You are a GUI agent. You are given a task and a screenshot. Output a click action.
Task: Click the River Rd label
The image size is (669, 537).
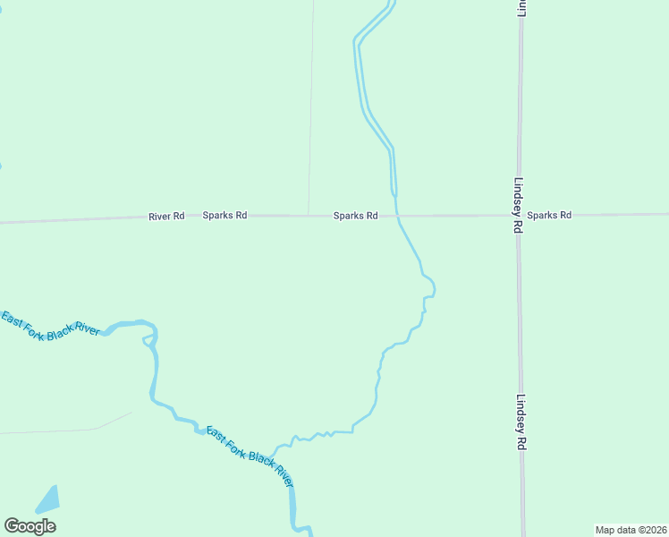[166, 216]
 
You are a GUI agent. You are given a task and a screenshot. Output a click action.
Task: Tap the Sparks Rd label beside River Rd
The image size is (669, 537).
[224, 216]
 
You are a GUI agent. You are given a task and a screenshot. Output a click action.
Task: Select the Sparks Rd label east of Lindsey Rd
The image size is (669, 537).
[548, 215]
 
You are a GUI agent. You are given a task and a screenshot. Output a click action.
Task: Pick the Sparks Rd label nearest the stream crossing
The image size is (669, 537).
[356, 216]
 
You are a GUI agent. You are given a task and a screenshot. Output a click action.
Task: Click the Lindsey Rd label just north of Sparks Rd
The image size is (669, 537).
[517, 204]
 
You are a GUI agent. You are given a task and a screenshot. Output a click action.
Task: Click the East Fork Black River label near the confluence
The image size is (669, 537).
[250, 456]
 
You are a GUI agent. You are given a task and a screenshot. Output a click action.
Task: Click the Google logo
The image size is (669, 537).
[30, 526]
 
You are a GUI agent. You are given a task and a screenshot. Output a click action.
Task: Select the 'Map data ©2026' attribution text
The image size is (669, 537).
[630, 530]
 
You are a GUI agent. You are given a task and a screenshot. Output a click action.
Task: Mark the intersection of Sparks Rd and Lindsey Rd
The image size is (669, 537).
[519, 215]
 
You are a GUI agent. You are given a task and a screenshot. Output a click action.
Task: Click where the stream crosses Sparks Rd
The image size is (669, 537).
[397, 215]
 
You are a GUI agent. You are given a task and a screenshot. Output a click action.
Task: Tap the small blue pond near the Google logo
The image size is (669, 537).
[47, 499]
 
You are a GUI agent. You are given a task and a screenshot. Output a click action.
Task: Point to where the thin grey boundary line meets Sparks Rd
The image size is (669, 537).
[309, 215]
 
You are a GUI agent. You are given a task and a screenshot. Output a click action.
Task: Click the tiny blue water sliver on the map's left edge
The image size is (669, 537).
[1, 166]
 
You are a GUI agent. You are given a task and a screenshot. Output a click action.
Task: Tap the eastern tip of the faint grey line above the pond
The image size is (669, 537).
[131, 413]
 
